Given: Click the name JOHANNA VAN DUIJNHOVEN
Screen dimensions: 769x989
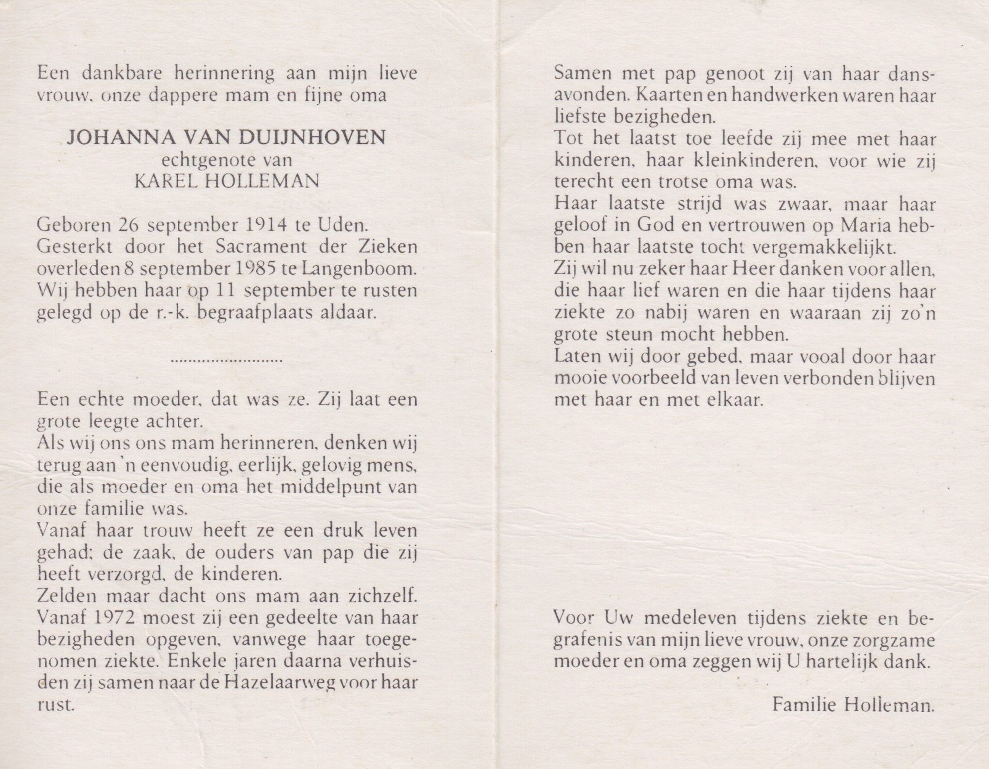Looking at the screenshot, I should pos(226,136).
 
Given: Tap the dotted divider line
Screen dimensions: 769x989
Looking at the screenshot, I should pos(226,360).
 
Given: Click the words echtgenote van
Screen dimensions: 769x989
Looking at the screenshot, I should pos(226,160).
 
